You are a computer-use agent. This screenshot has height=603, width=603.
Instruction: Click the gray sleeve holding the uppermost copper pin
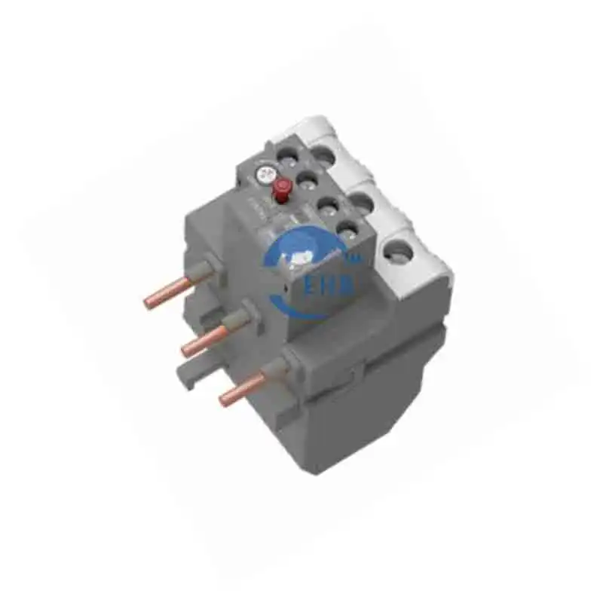tap(204, 272)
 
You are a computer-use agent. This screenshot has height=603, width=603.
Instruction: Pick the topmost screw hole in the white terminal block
tap(323, 155)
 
